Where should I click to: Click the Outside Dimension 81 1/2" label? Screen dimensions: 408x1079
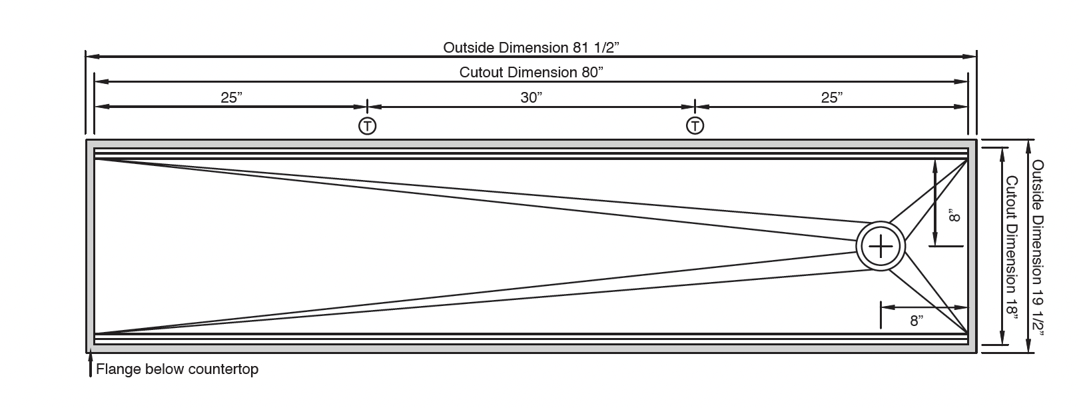coord(532,47)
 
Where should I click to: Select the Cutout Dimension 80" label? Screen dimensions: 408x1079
coord(532,72)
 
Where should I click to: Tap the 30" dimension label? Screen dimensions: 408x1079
coord(532,97)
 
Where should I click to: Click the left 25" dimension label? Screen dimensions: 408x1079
coord(231,97)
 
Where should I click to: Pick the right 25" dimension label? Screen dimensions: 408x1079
coord(832,97)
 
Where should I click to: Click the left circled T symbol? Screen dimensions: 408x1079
coord(367,125)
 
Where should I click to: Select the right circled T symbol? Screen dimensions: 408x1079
coord(695,125)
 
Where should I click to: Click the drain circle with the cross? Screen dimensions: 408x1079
coord(881,247)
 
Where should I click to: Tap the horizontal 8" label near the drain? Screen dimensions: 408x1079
coord(916,321)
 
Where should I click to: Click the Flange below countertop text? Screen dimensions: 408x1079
coord(177,369)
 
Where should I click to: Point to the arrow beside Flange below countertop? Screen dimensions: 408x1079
coord(90,365)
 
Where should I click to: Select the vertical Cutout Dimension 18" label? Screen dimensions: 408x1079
coord(1012,247)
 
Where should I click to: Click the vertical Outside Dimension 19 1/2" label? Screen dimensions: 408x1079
coord(1038,246)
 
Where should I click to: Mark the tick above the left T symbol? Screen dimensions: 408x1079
coord(367,106)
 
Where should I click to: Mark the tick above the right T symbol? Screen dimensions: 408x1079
coord(695,106)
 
